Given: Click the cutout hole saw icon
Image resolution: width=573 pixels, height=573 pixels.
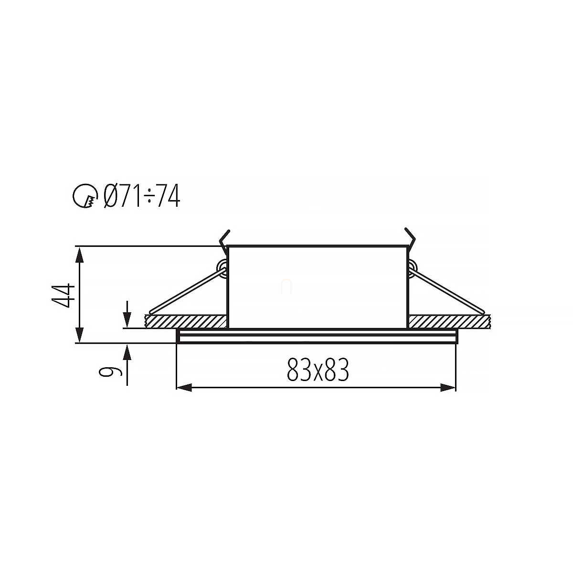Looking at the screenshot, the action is click(85, 195).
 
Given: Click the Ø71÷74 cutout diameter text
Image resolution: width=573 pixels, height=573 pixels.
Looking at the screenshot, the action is click(142, 195).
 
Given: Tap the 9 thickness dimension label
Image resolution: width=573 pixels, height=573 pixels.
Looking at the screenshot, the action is click(110, 368).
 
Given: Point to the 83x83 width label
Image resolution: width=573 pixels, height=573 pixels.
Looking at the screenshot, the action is click(318, 370).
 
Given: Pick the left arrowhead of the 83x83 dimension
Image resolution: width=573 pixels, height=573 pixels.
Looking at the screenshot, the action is click(184, 387).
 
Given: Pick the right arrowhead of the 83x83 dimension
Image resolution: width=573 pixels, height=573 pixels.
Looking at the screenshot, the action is click(448, 387).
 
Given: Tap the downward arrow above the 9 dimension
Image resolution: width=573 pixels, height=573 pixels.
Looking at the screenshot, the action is click(127, 314).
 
